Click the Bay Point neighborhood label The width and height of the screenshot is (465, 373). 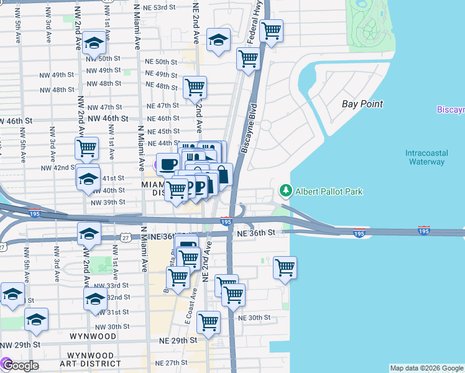(x=362, y=104)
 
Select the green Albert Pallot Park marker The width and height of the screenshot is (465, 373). (x=285, y=190)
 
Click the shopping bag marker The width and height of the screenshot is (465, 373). (x=221, y=175)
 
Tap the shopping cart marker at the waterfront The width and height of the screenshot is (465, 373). (x=285, y=268)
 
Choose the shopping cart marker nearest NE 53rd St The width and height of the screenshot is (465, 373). (x=272, y=30)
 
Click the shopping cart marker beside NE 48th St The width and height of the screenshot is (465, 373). (x=195, y=87)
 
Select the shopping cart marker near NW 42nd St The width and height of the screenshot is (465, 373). (x=86, y=148)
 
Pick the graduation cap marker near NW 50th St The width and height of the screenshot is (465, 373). (x=94, y=42)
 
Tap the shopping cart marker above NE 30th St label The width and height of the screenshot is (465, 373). (x=208, y=322)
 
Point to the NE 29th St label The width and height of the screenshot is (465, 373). (x=177, y=341)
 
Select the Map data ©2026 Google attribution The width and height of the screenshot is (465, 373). (x=426, y=368)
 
